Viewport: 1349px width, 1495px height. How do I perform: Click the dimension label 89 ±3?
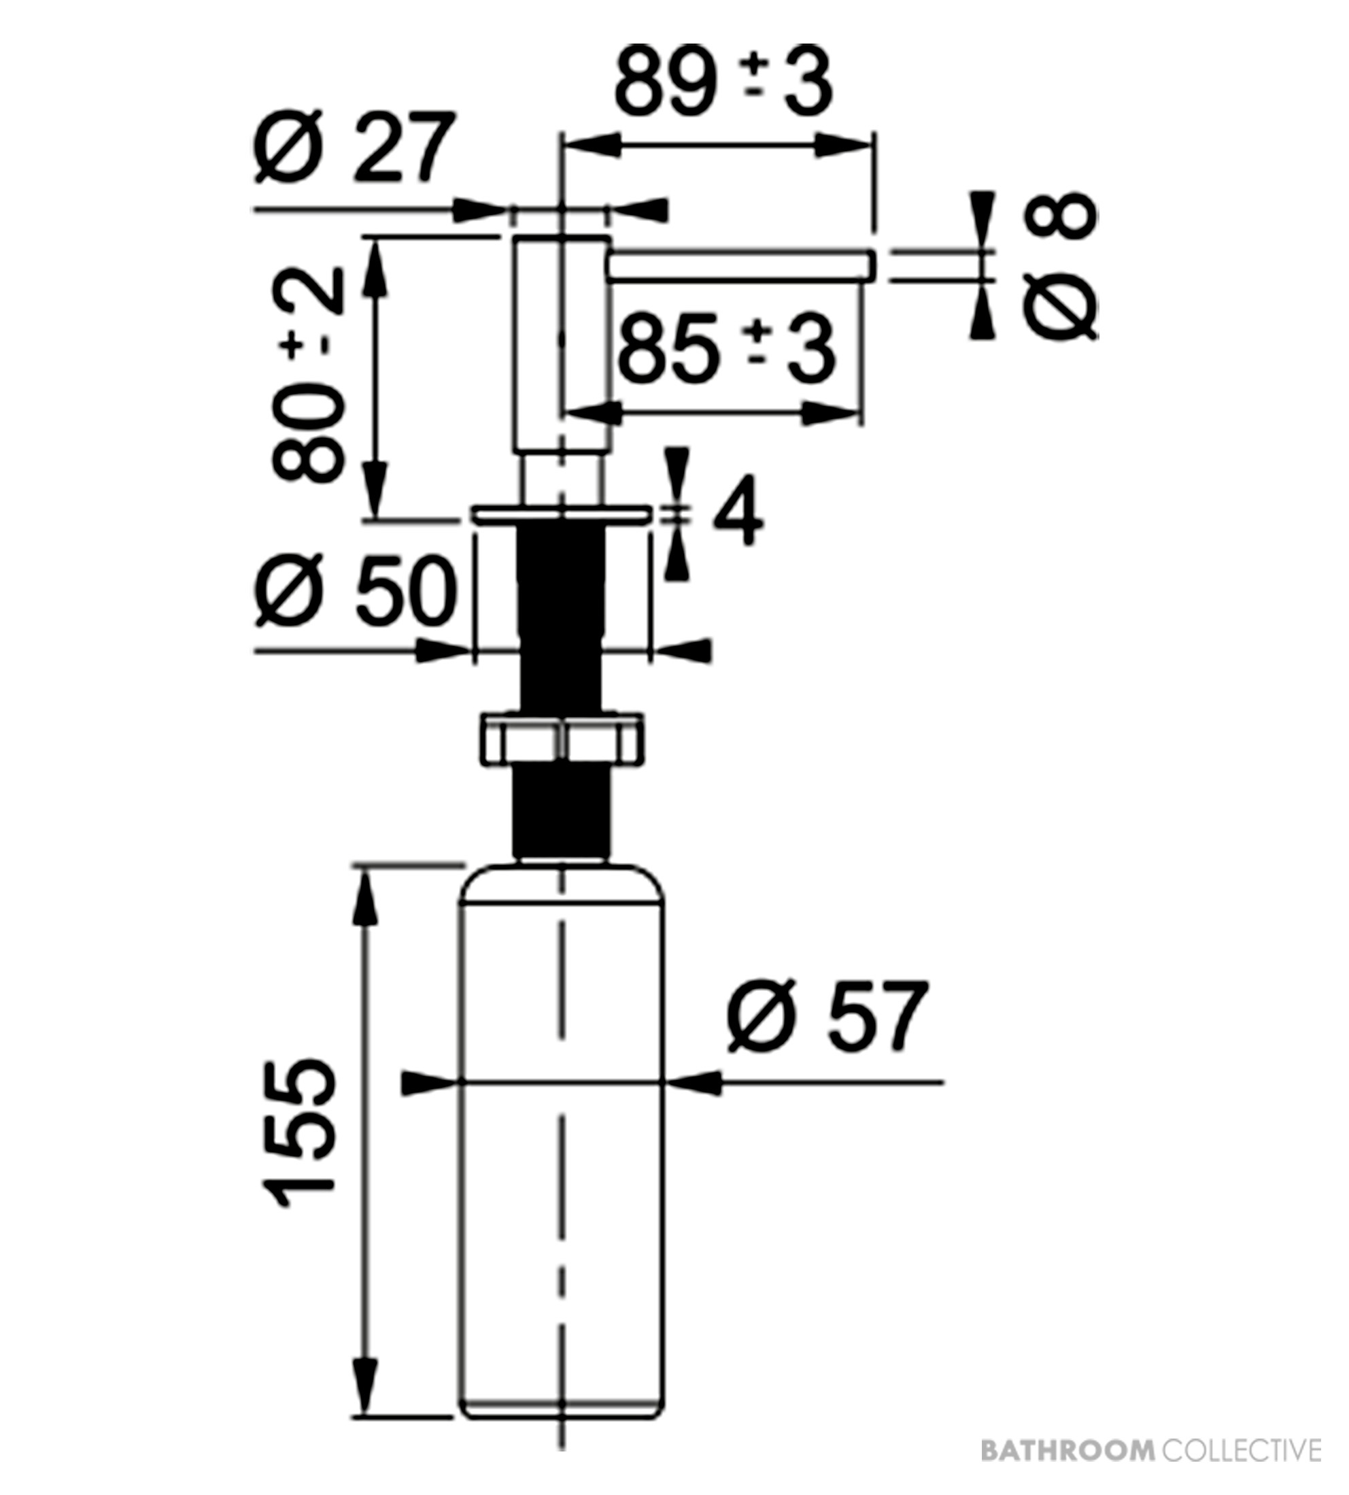[x=723, y=82]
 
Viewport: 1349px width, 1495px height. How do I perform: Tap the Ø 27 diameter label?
[x=354, y=148]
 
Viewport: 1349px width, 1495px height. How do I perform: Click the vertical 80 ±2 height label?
[x=308, y=375]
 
